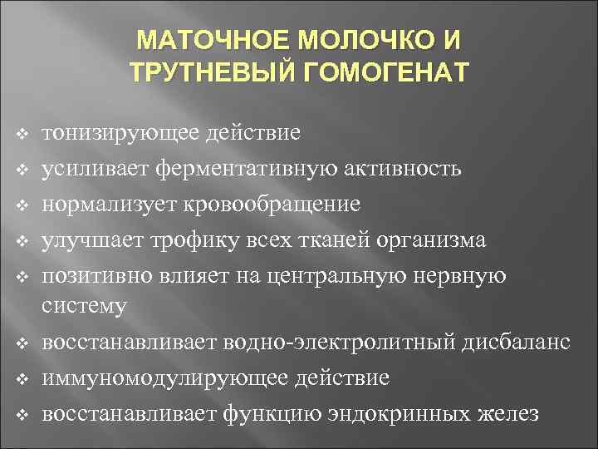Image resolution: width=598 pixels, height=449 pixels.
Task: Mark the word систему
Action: coord(85,306)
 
